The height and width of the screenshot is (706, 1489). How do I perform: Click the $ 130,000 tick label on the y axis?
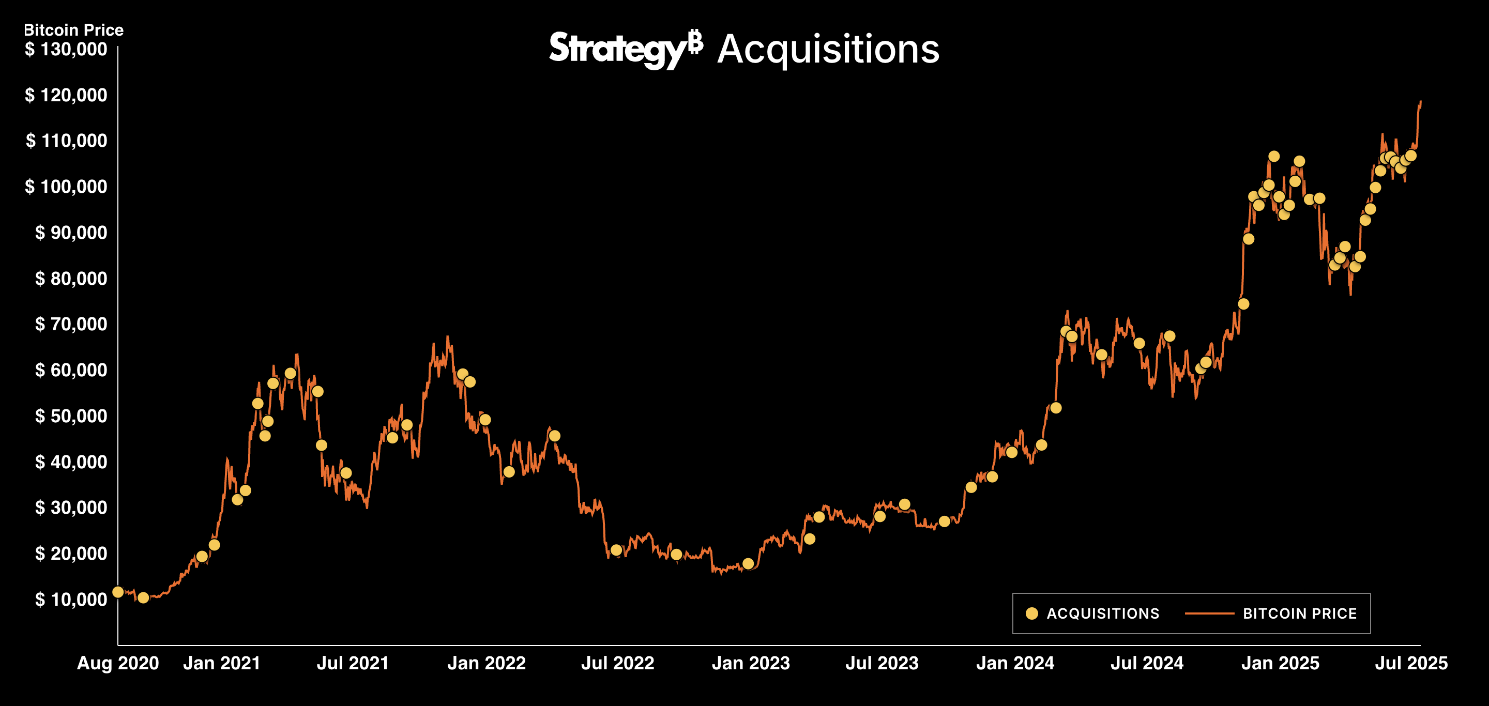(65, 49)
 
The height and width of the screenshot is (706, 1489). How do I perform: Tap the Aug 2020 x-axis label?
(118, 663)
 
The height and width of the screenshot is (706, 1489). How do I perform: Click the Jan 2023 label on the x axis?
(750, 663)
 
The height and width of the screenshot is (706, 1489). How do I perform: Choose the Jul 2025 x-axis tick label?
(1410, 663)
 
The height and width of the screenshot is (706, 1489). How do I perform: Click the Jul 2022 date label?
(617, 663)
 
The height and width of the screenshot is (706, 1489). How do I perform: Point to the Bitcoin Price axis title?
(73, 30)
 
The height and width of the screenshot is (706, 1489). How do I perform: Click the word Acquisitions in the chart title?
(828, 49)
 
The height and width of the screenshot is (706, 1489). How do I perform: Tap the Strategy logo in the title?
(626, 49)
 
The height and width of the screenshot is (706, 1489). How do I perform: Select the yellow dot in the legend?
(1031, 613)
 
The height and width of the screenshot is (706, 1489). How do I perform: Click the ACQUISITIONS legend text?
(1102, 613)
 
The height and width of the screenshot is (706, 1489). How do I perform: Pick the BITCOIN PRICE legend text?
(1299, 613)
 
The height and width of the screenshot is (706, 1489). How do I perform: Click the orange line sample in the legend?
(1209, 613)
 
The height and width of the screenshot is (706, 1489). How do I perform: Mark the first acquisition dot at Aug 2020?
(118, 592)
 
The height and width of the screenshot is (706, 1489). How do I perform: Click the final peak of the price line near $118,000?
(1420, 102)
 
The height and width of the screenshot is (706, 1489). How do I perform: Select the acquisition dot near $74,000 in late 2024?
(1243, 304)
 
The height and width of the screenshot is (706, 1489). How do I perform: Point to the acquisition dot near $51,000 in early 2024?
(1055, 408)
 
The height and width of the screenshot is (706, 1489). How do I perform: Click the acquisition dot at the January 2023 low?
(748, 563)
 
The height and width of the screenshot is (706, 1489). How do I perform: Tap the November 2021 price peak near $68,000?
(447, 337)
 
